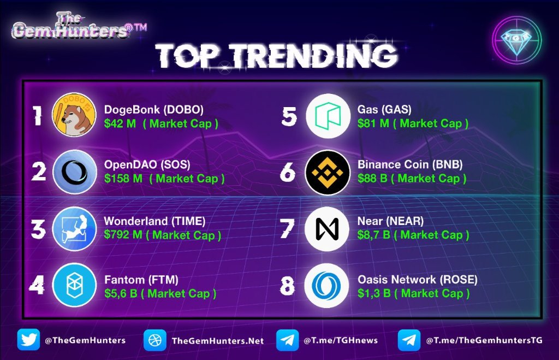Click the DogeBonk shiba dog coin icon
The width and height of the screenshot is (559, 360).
[x=74, y=115]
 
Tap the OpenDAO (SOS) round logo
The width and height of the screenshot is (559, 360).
[x=74, y=172]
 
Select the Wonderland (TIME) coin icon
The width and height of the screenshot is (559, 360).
[x=74, y=228]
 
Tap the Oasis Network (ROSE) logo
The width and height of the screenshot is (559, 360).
[x=326, y=285]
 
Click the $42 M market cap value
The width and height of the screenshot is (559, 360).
[x=120, y=123]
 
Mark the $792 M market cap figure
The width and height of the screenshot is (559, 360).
[x=126, y=235]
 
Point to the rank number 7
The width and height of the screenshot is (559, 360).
[x=287, y=229]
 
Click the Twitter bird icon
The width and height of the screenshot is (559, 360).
[x=28, y=340]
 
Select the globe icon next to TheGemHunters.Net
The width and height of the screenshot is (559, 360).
[x=155, y=340]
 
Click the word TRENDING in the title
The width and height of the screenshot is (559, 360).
[x=311, y=56]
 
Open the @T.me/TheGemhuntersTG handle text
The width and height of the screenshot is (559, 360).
[x=481, y=340]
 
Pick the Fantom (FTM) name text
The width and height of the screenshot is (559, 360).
[x=141, y=280]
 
